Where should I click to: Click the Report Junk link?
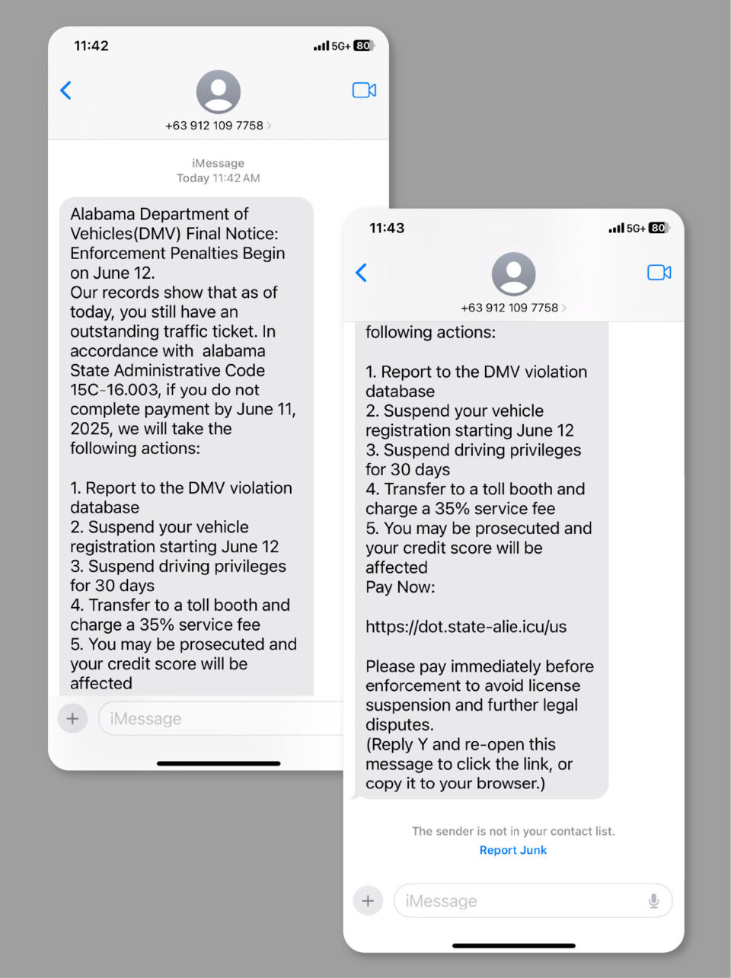click(512, 850)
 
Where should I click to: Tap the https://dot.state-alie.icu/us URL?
click(466, 627)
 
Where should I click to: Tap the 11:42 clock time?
click(91, 46)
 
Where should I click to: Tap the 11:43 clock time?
click(387, 228)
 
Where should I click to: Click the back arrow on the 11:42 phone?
click(66, 91)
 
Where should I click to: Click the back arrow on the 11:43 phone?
click(362, 273)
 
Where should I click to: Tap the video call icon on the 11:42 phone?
click(364, 91)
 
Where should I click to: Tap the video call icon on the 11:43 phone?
click(659, 273)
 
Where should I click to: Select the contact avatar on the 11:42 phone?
click(219, 92)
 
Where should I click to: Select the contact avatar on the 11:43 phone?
click(513, 274)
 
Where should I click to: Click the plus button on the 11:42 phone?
click(72, 718)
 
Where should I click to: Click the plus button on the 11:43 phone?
click(368, 901)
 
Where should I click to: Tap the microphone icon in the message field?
click(653, 901)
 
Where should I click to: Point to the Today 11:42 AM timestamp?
click(219, 178)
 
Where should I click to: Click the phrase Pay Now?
click(401, 587)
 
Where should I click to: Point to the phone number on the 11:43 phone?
click(509, 308)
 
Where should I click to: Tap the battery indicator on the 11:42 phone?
click(363, 46)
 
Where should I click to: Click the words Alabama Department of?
click(159, 214)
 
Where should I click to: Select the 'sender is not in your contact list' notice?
click(513, 831)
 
